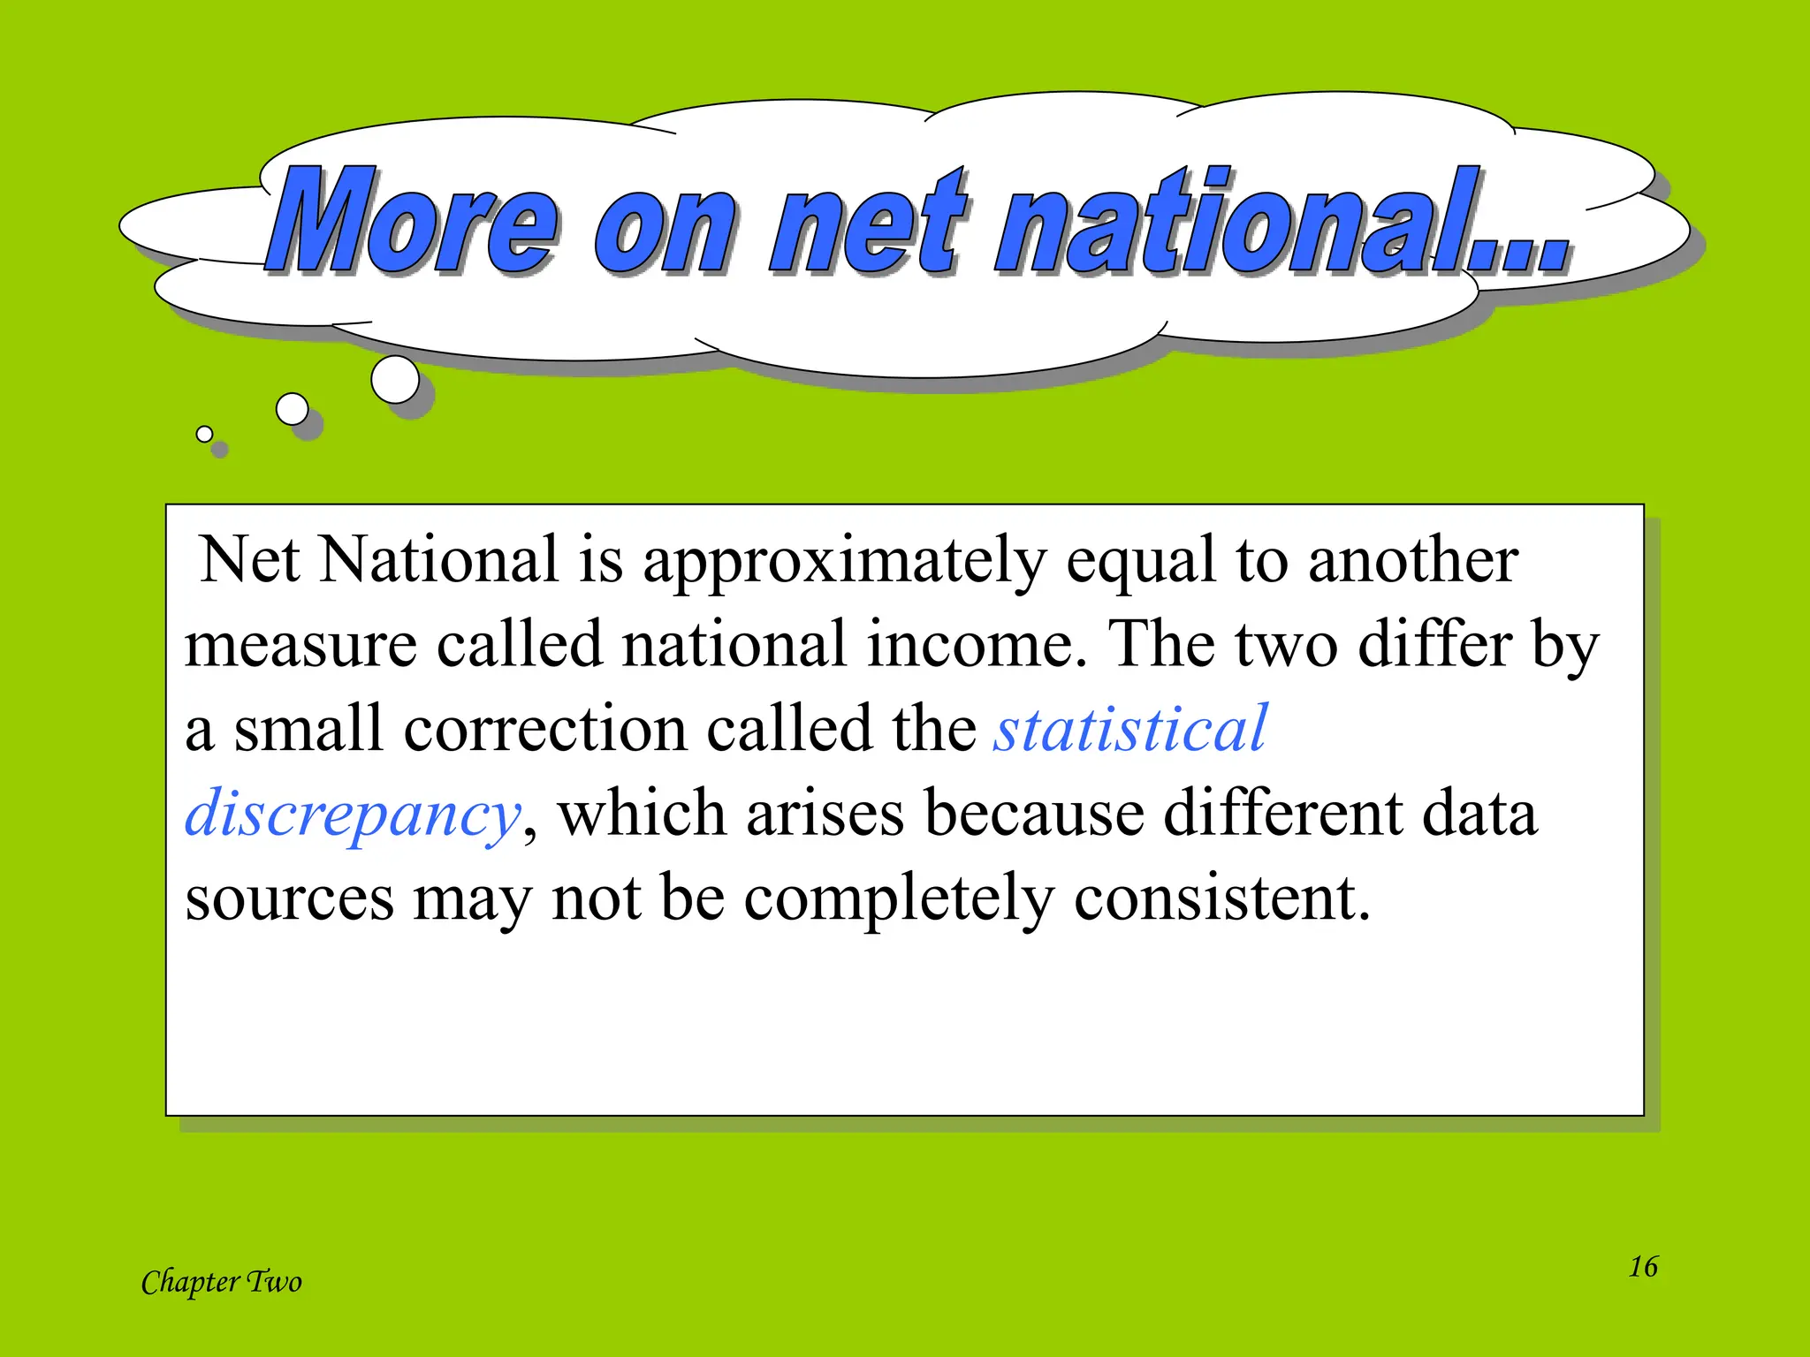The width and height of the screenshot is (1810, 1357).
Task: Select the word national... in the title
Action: coord(1281,221)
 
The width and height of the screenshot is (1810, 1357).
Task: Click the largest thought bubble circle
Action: coord(395,380)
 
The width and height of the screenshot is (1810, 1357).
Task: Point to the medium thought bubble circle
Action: coord(293,409)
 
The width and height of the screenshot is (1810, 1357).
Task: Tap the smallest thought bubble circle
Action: coord(204,434)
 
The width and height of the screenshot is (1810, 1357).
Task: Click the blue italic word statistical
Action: coord(1130,730)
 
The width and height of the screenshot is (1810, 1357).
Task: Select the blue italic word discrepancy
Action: coord(352,814)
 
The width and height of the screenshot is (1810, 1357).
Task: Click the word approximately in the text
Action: coord(844,562)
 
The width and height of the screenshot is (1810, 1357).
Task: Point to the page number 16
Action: coord(1643,1266)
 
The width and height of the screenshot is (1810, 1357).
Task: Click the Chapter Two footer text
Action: coord(221,1282)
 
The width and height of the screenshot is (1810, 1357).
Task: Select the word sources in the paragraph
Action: coord(289,898)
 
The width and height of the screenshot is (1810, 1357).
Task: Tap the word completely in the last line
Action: coord(899,898)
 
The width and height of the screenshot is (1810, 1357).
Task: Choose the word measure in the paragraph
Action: coord(300,645)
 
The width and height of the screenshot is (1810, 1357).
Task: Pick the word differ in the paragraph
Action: coord(1434,645)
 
